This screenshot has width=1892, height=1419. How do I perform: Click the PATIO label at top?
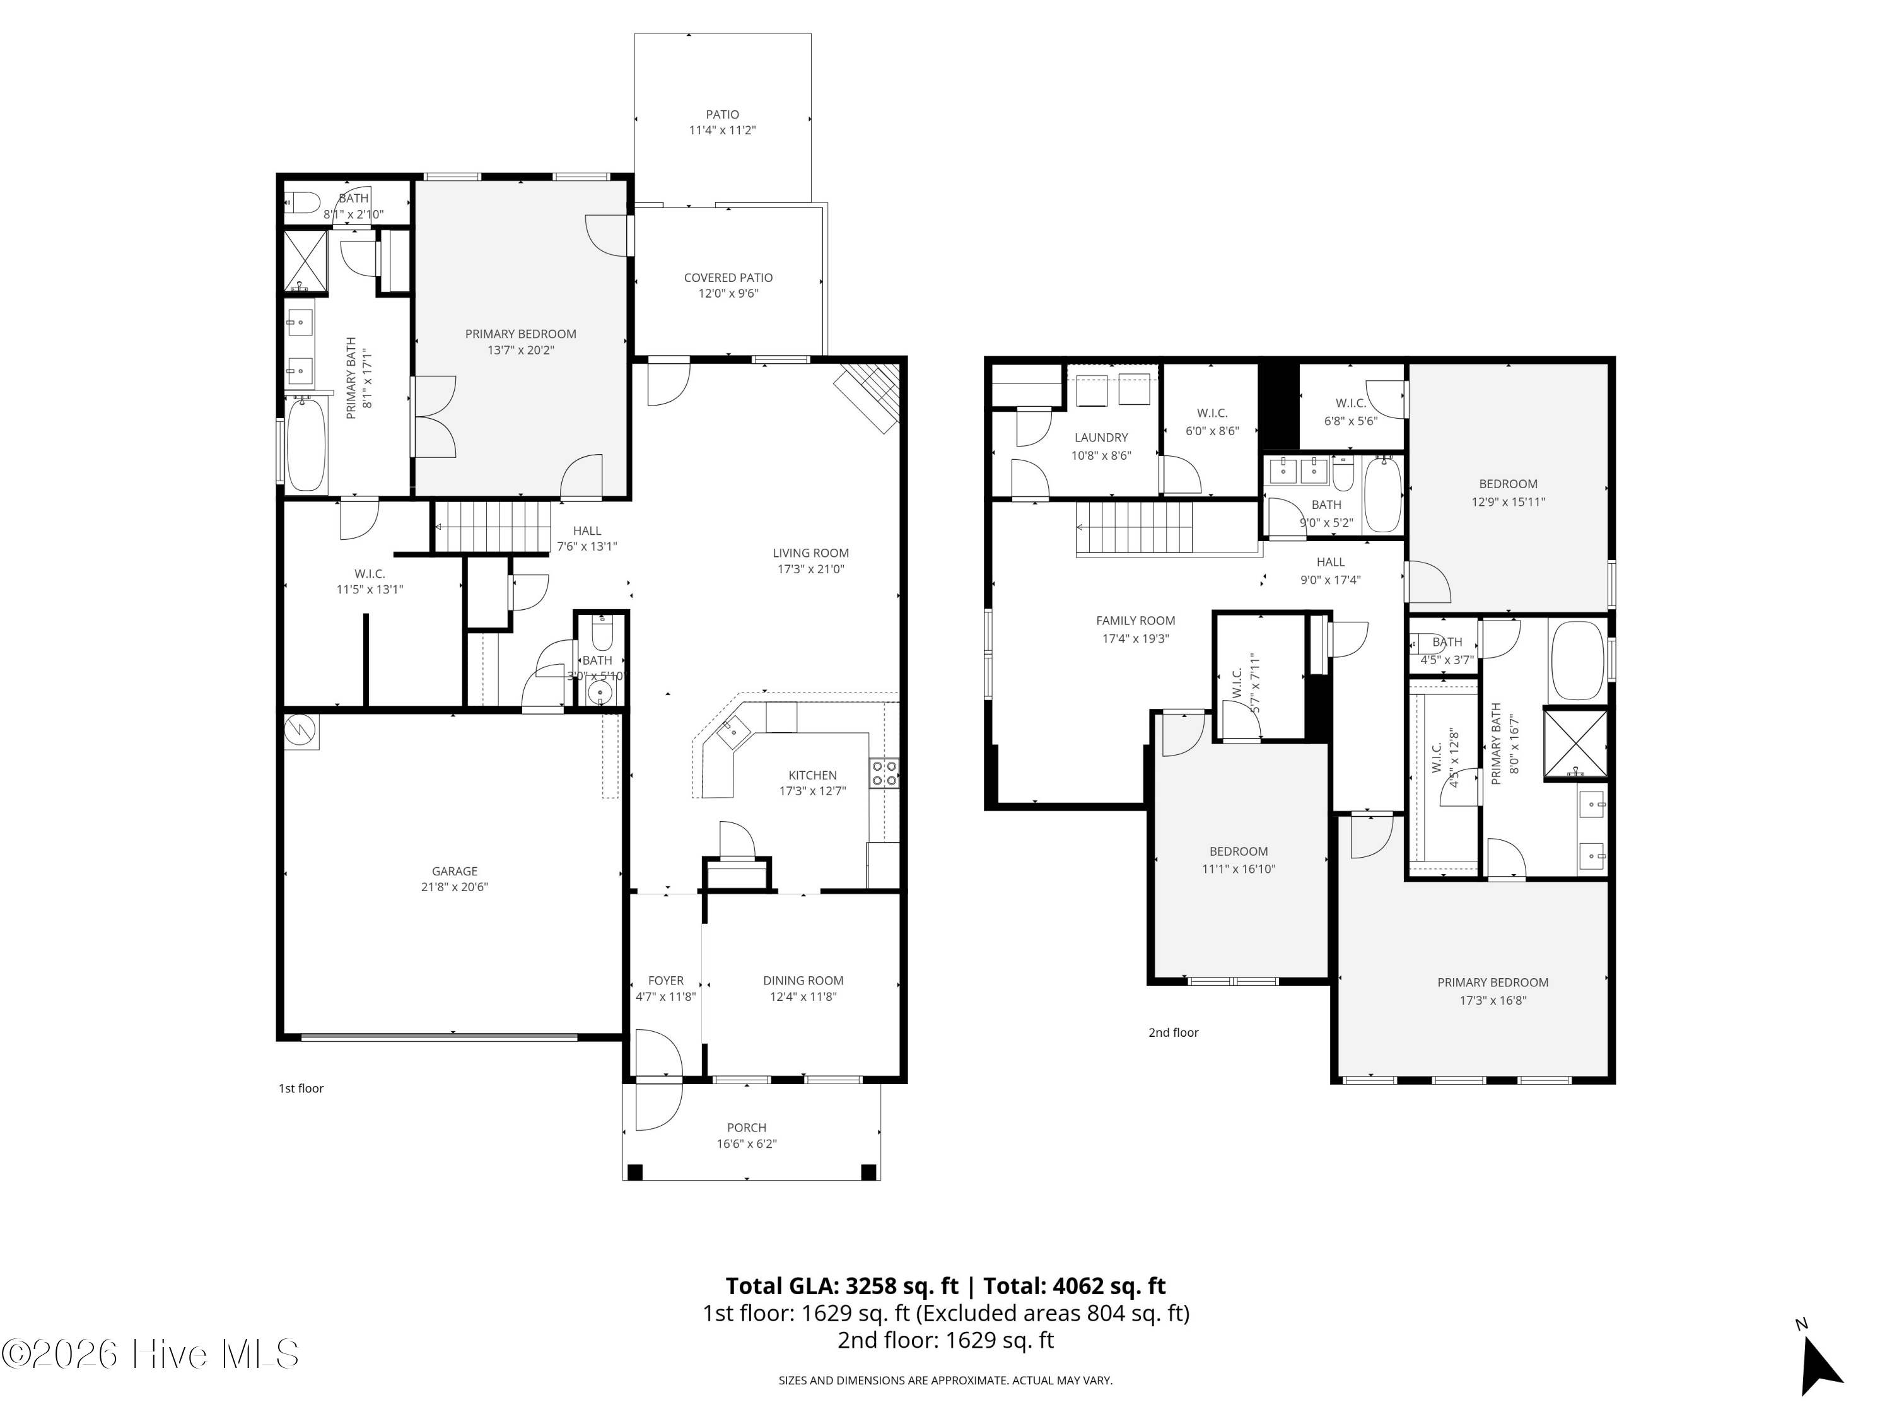click(x=722, y=114)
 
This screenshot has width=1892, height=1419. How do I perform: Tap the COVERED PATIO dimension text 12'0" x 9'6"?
click(x=728, y=293)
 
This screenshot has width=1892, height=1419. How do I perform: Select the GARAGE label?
click(x=454, y=871)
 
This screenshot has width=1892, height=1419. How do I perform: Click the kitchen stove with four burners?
click(x=884, y=773)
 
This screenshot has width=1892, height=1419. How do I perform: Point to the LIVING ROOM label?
click(x=810, y=552)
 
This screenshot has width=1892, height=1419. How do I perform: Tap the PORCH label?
click(x=746, y=1128)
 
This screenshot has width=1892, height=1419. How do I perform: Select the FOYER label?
click(x=665, y=980)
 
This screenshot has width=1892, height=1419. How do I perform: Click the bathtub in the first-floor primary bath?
click(x=305, y=446)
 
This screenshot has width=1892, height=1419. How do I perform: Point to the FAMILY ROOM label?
click(x=1135, y=620)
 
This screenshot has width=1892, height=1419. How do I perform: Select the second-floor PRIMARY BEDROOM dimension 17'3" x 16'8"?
click(x=1493, y=1000)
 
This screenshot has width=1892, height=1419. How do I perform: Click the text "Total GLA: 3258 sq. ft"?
click(x=842, y=1285)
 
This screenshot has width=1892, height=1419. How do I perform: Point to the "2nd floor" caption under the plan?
click(x=1172, y=1032)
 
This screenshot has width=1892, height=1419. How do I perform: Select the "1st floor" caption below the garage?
click(x=301, y=1088)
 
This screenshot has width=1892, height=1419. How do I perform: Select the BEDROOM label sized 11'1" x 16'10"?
click(x=1237, y=851)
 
